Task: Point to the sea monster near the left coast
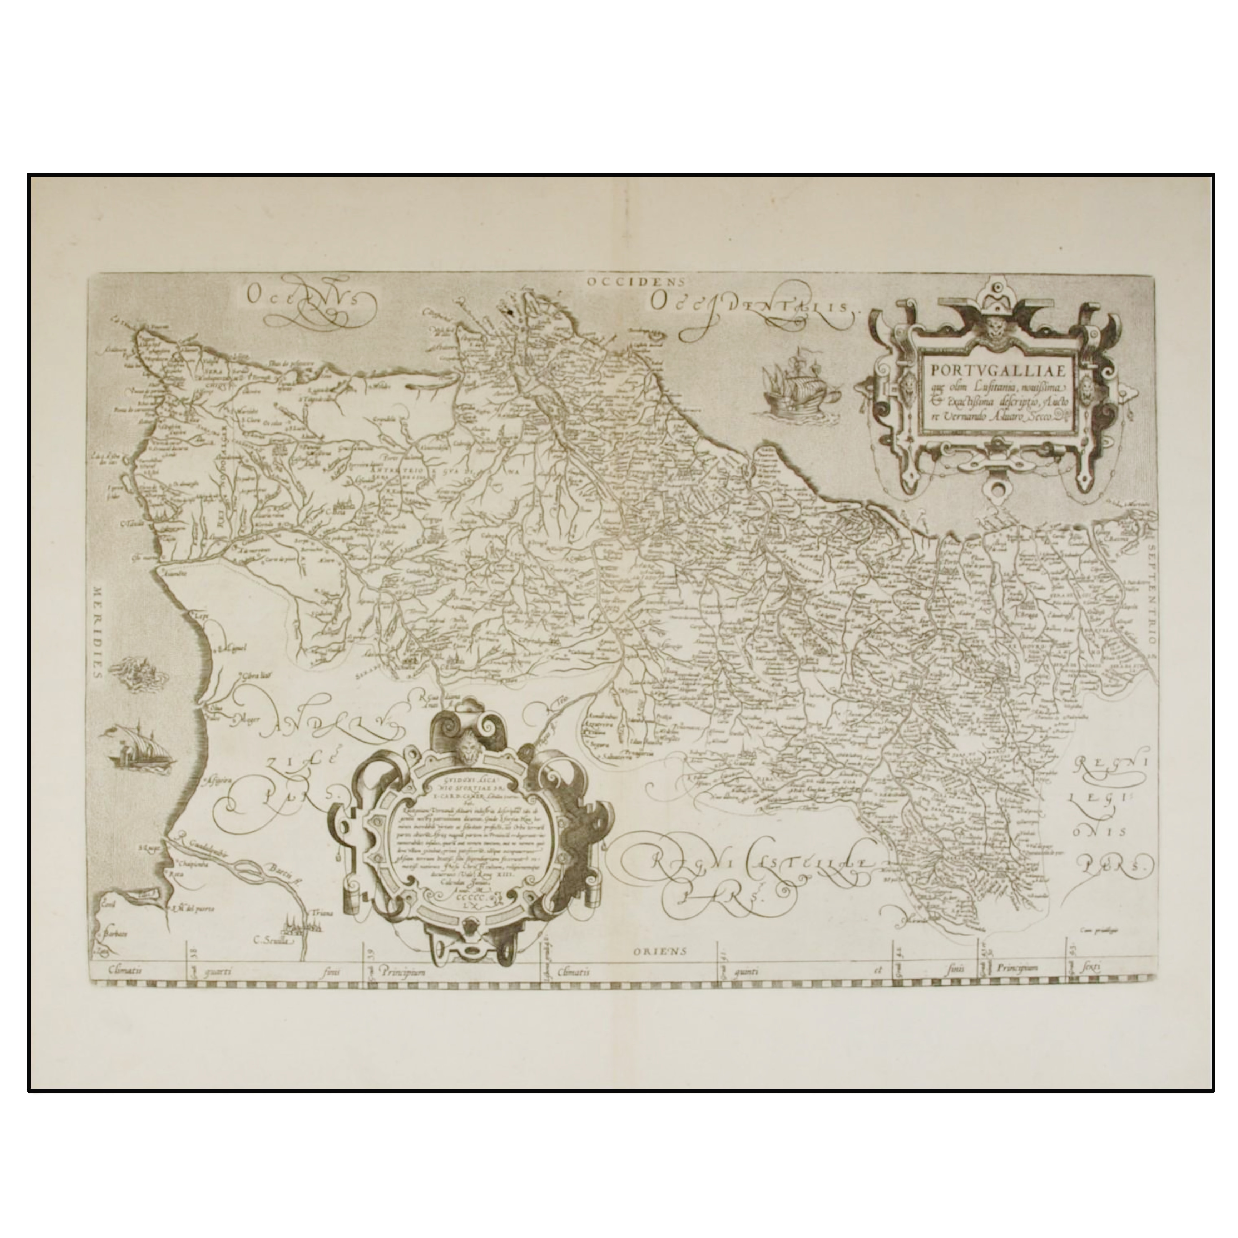[136, 673]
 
